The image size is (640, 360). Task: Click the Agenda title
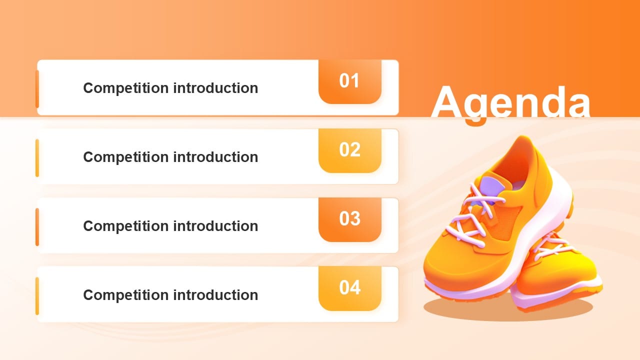pyautogui.click(x=510, y=102)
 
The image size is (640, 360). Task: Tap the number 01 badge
pyautogui.click(x=349, y=81)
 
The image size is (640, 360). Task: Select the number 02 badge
pyautogui.click(x=349, y=150)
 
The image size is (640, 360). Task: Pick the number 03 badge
pyautogui.click(x=349, y=219)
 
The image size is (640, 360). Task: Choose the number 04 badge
pyautogui.click(x=349, y=287)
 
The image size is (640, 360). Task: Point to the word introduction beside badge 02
pyautogui.click(x=215, y=157)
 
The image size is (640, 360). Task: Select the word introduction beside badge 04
pyautogui.click(x=215, y=295)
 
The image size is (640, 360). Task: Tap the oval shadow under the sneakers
pyautogui.click(x=507, y=307)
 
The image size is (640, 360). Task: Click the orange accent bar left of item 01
pyautogui.click(x=37, y=89)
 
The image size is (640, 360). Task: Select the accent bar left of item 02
pyautogui.click(x=37, y=158)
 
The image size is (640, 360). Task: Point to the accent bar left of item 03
pyautogui.click(x=37, y=227)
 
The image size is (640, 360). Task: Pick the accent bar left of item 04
pyautogui.click(x=37, y=296)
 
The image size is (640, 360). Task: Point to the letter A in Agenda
pyautogui.click(x=450, y=102)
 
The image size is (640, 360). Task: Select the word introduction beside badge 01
pyautogui.click(x=215, y=88)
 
